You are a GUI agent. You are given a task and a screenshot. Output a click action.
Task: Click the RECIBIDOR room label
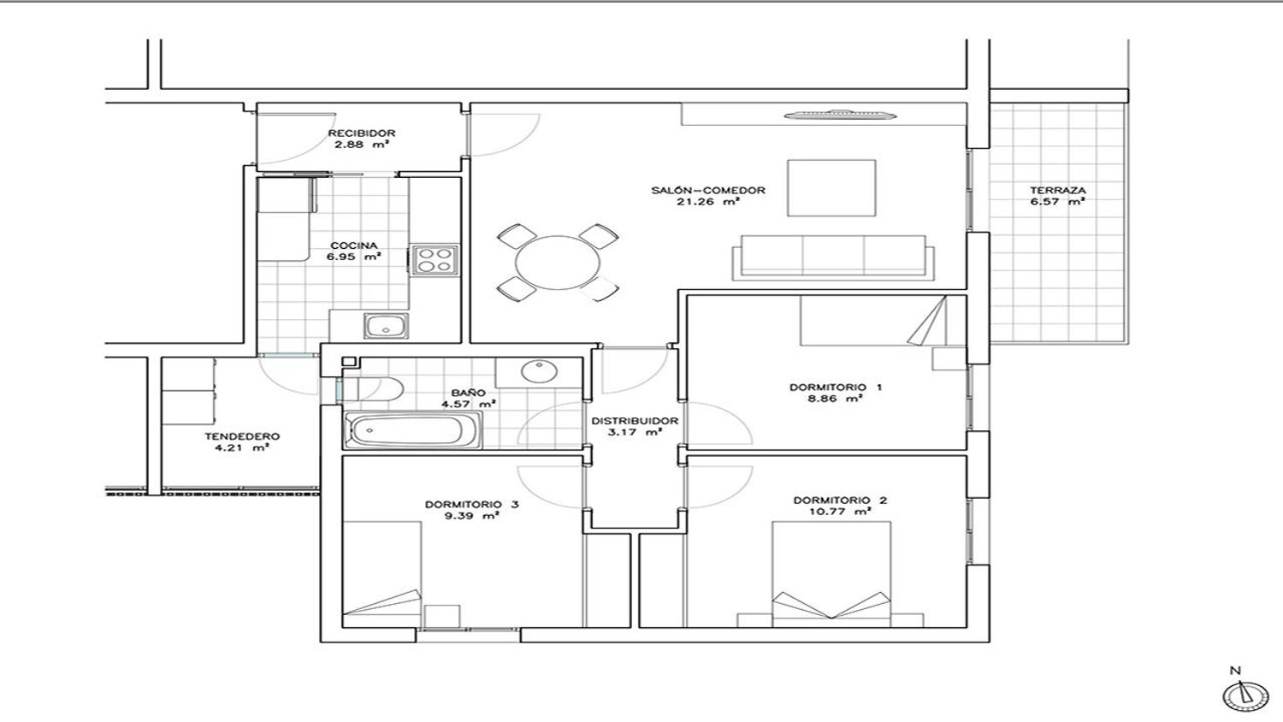[x=362, y=133]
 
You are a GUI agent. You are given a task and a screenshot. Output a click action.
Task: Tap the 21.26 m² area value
[x=708, y=202]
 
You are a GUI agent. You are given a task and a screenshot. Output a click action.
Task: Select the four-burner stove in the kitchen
[x=435, y=259]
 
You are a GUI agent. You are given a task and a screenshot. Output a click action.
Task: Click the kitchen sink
[x=386, y=325]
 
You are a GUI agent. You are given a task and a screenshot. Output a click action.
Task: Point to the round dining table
[x=558, y=263]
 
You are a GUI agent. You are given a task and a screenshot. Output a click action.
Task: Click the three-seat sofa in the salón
[x=833, y=257]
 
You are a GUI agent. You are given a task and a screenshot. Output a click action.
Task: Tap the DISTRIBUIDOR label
[x=634, y=421]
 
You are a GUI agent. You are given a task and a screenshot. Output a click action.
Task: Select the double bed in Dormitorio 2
[x=831, y=574]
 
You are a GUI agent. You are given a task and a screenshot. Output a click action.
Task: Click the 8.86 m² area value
[x=835, y=399]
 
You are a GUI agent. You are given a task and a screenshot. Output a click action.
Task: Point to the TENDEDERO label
[x=242, y=436]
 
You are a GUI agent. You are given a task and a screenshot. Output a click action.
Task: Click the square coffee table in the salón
[x=831, y=188]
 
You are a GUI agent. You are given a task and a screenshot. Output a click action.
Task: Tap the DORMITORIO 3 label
[x=472, y=504]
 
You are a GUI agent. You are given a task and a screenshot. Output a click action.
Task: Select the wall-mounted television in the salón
[x=840, y=115]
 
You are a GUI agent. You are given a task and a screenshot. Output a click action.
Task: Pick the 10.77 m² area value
[x=840, y=512]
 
